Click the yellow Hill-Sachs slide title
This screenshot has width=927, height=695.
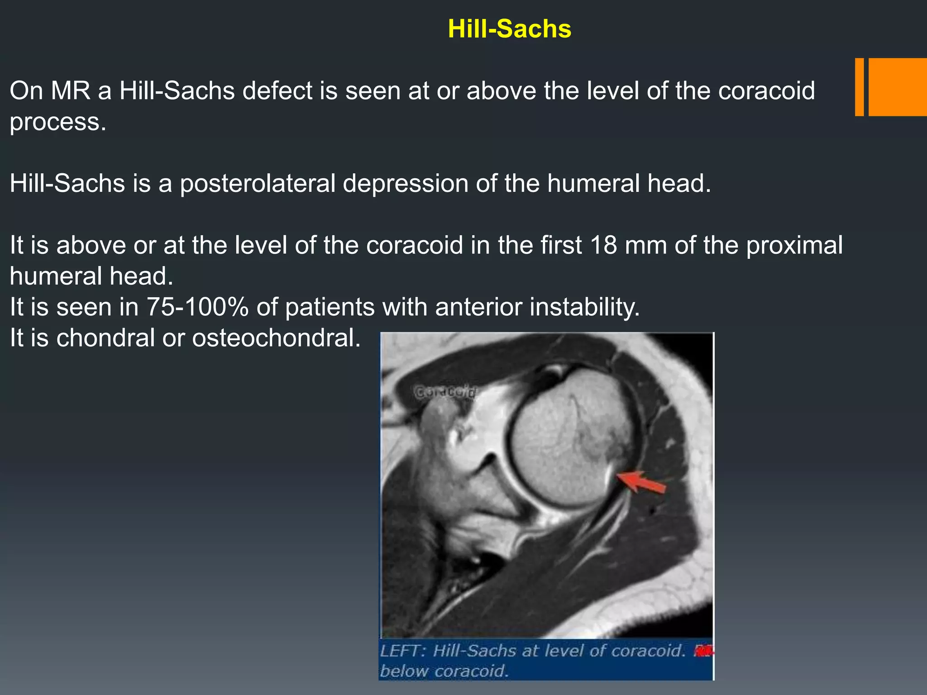[509, 29]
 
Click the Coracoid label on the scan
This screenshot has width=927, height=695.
[445, 392]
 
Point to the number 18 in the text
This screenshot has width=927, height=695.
[604, 245]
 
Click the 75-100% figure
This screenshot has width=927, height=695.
[197, 307]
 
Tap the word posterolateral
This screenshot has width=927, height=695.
[257, 184]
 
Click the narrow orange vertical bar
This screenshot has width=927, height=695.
[859, 87]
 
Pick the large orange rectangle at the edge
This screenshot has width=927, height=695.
[898, 87]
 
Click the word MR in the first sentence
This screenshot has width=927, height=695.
[71, 91]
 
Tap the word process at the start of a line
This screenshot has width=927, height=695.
[57, 122]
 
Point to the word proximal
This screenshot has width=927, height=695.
[794, 245]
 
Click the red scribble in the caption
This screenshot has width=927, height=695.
[703, 652]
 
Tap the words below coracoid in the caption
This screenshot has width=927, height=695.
[444, 671]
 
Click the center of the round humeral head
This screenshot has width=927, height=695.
[571, 438]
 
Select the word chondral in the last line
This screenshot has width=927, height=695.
[105, 338]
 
